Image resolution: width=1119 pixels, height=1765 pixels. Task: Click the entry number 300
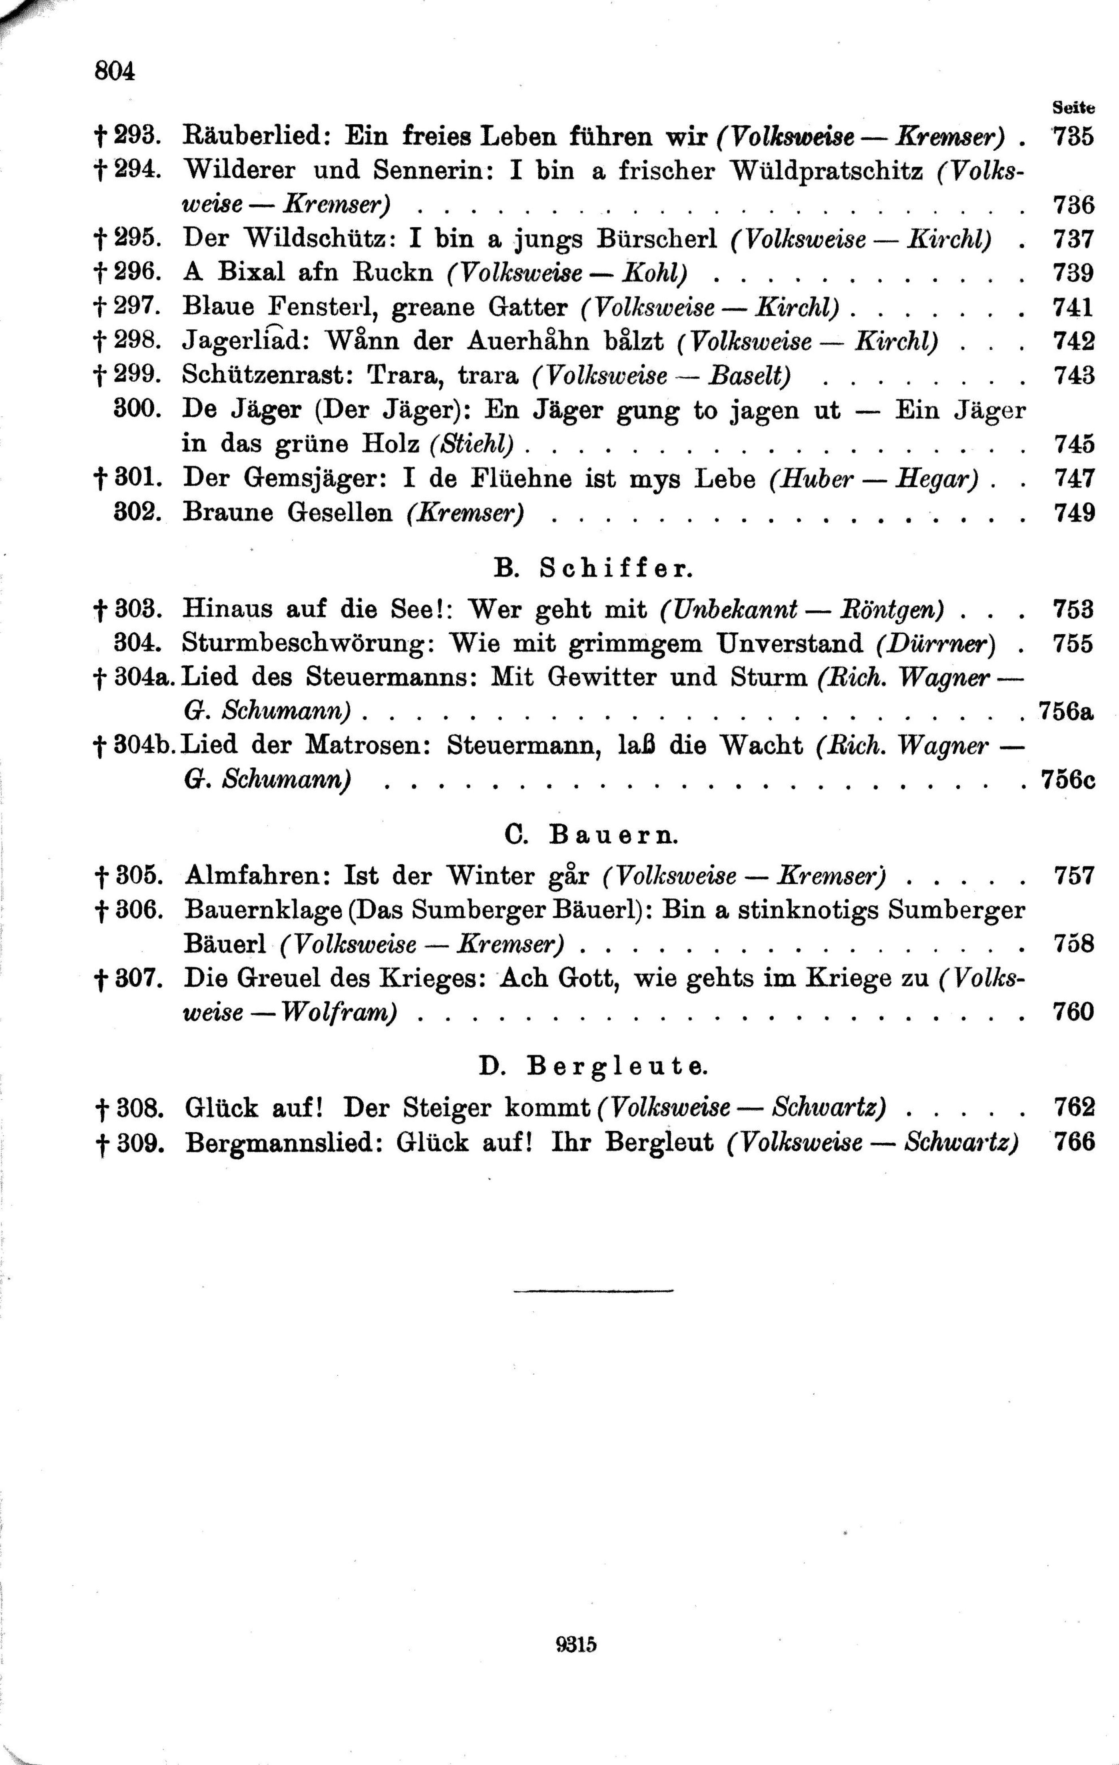point(137,409)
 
